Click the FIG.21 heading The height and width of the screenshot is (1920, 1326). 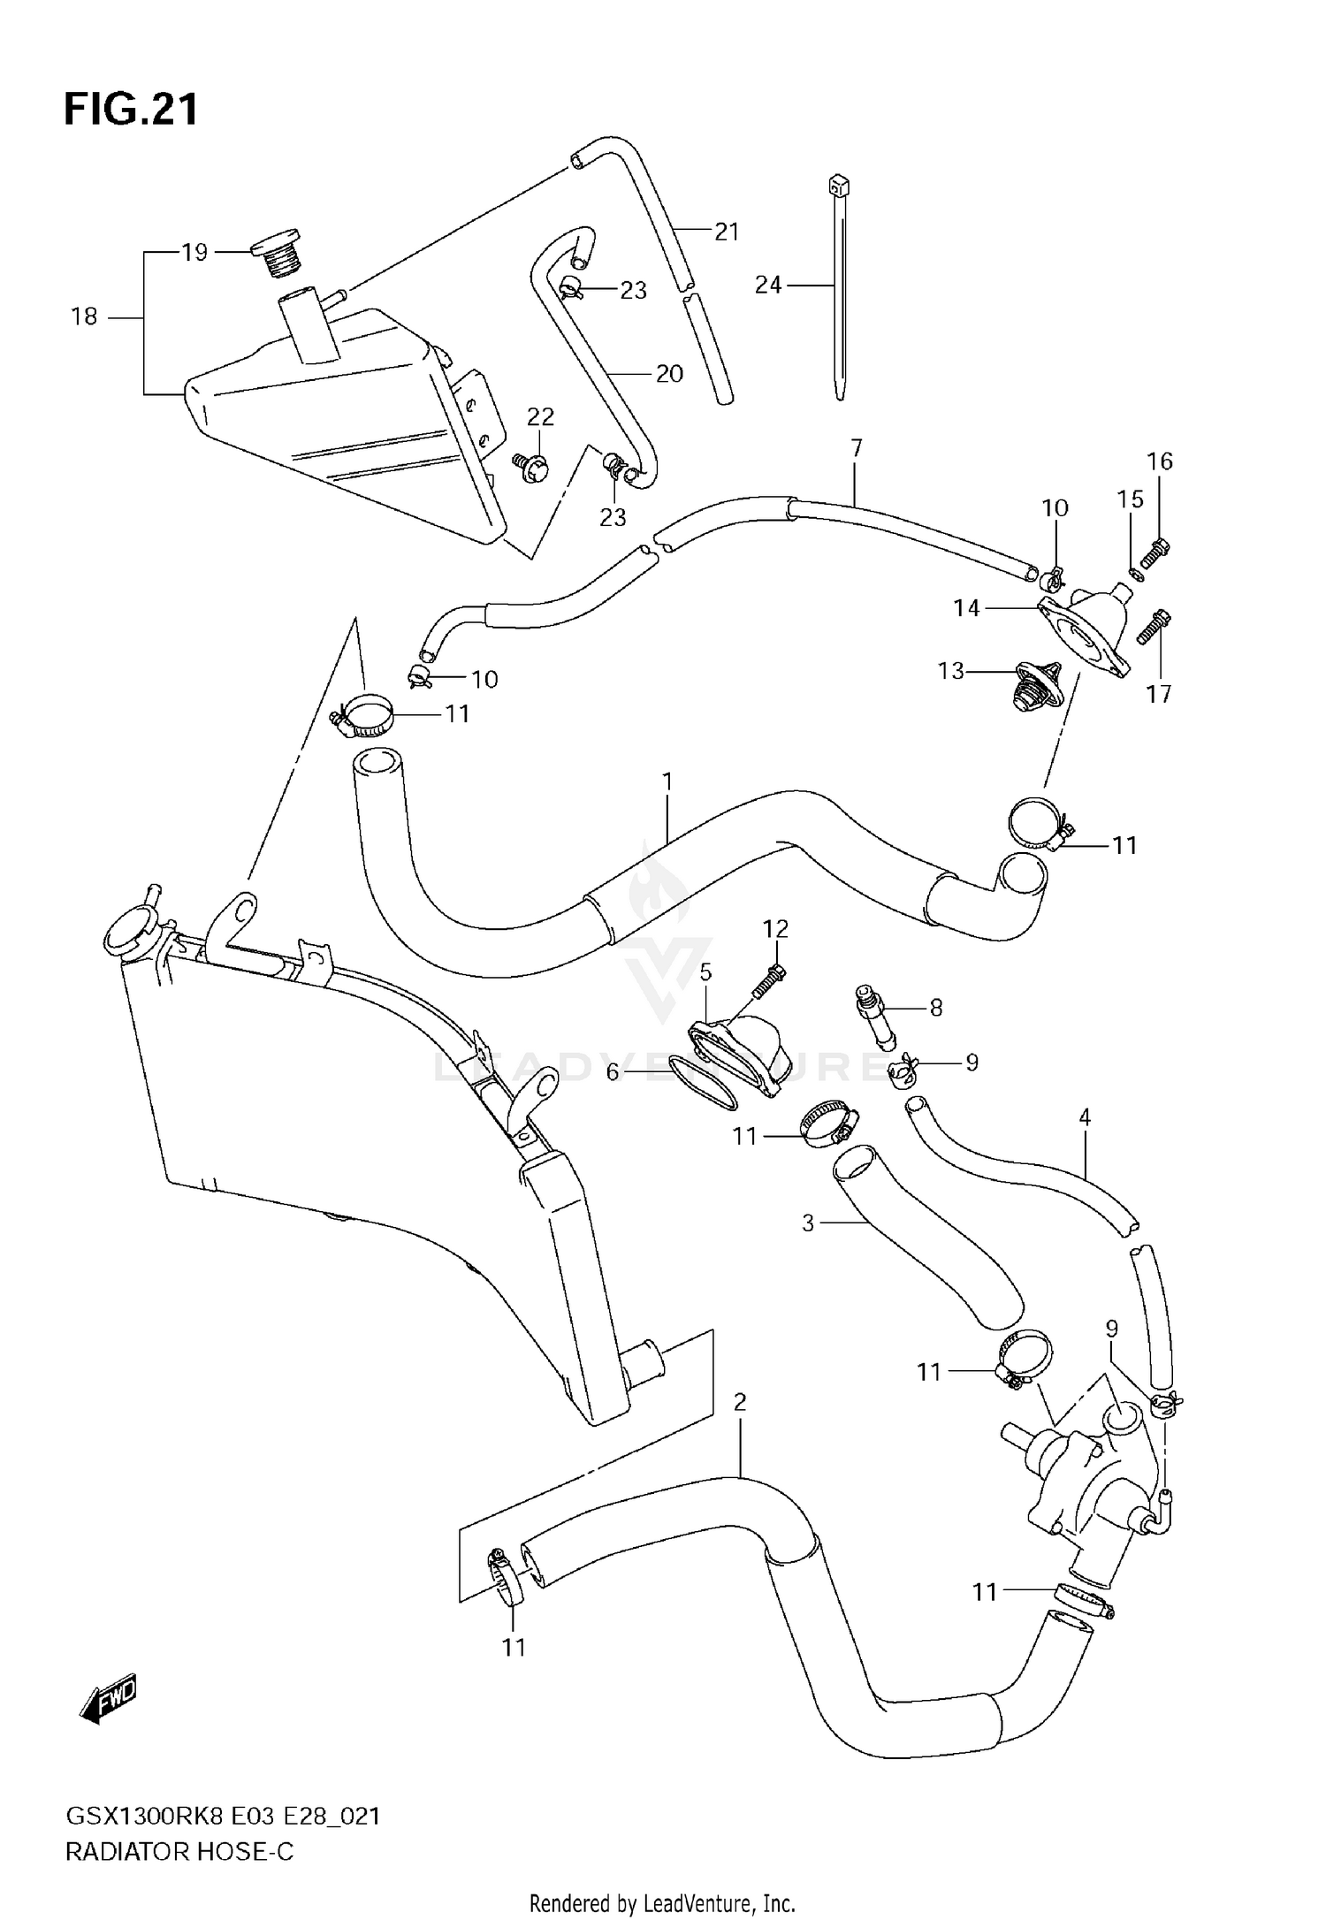[131, 110]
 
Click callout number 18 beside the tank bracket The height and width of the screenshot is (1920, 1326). [84, 316]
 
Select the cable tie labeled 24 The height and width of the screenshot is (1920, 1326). [837, 292]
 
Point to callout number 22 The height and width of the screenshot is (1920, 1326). [540, 417]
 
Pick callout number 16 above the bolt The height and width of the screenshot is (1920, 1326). [1160, 461]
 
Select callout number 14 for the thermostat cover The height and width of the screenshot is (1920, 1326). [966, 608]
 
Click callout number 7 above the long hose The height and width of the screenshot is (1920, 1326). [856, 448]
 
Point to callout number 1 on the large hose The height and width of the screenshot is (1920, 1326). [667, 781]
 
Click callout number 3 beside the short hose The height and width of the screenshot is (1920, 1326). [807, 1223]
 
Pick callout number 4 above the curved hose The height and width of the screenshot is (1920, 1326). [1085, 1117]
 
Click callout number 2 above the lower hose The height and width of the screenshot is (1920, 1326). [740, 1402]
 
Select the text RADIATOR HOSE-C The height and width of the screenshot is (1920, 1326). [179, 1851]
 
